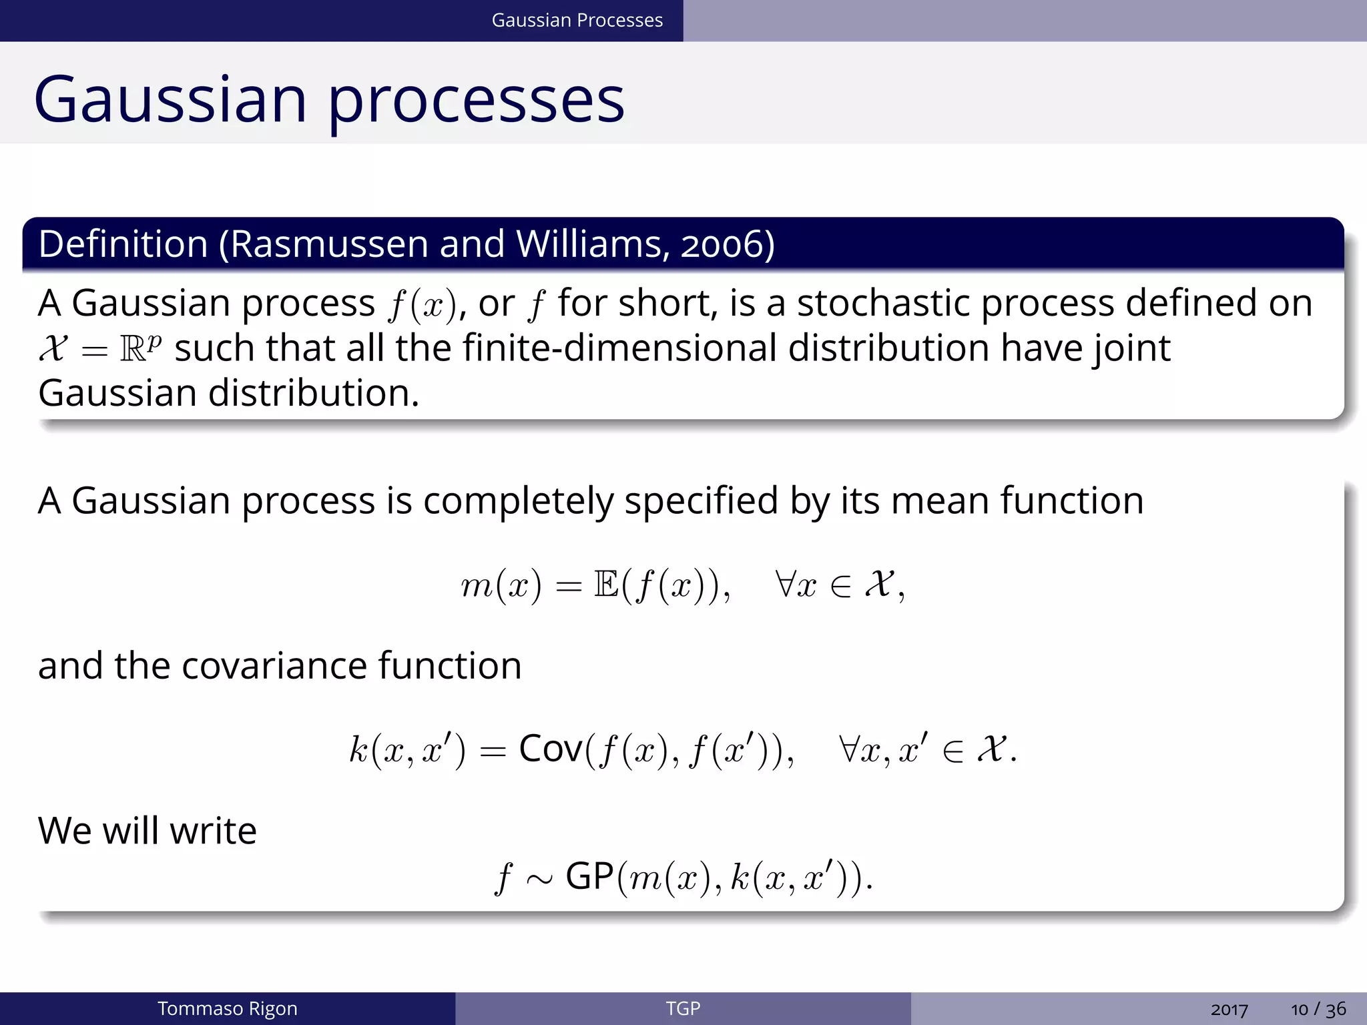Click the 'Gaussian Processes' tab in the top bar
[577, 20]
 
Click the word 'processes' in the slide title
[476, 100]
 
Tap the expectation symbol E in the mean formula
[606, 585]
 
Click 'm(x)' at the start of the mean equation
[501, 585]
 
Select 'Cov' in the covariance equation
[551, 749]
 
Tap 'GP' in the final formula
[589, 876]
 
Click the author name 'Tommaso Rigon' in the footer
[227, 1008]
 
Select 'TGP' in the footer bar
[683, 1008]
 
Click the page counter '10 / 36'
[1318, 1009]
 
